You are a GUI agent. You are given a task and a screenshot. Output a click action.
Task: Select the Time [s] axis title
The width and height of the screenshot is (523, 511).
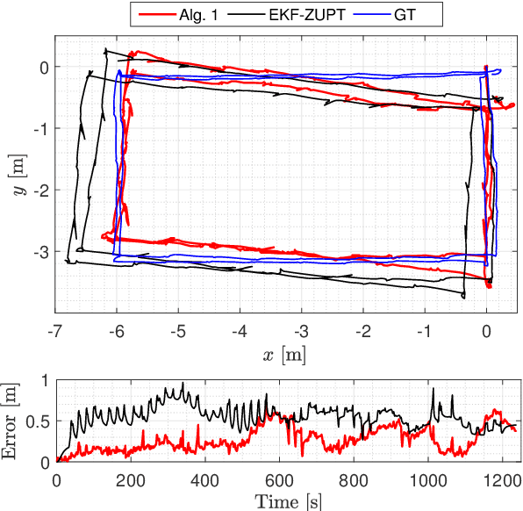pos(286,500)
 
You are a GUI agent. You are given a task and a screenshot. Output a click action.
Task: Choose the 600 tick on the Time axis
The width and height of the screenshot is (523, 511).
pos(279,480)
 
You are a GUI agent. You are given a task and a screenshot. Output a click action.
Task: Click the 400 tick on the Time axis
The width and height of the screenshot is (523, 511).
pos(204,480)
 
